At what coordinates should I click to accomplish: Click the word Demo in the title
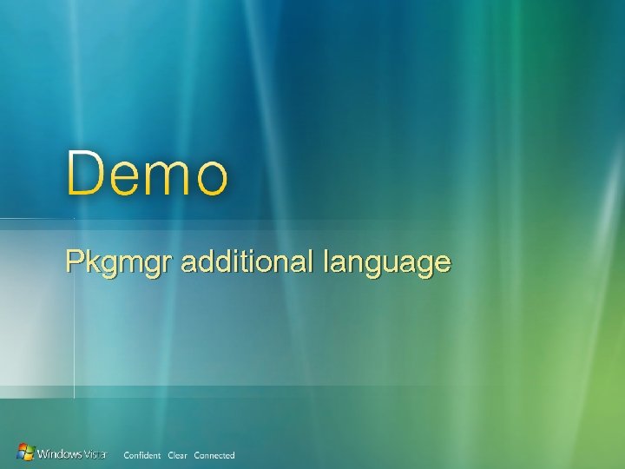(x=148, y=173)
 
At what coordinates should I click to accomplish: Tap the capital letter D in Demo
(x=86, y=173)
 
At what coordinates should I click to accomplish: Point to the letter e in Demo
(x=127, y=179)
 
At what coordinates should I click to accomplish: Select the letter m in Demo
(x=169, y=179)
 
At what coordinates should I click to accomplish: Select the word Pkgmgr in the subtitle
(x=120, y=262)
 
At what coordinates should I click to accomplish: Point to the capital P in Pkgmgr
(x=75, y=261)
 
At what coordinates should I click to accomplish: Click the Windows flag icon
(x=27, y=452)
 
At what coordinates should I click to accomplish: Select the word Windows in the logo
(x=61, y=453)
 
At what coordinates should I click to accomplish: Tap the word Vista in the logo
(x=95, y=454)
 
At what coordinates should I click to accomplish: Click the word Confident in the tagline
(x=142, y=455)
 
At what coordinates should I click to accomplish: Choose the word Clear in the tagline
(x=177, y=455)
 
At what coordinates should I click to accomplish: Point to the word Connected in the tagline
(x=214, y=455)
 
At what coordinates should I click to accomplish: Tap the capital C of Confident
(x=127, y=455)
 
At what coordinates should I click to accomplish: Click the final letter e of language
(x=443, y=263)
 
